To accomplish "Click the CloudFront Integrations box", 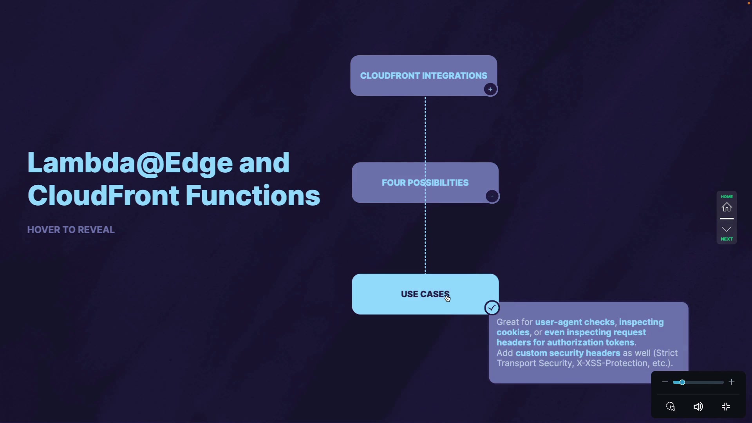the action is pos(423,75).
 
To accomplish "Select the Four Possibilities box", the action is pos(425,183).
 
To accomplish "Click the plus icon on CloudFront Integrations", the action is pos(490,89).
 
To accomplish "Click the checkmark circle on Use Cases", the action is pos(492,308).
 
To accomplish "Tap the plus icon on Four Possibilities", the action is pos(492,196).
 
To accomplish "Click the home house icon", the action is pos(727,207).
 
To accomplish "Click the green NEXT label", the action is pos(727,239).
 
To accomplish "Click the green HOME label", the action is pos(727,197).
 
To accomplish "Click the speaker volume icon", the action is pos(698,407).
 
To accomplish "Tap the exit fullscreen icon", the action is pos(726,407).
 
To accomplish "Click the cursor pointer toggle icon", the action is pos(671,407).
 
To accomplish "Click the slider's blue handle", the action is pos(682,382).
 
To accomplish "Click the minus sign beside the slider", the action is pos(665,382).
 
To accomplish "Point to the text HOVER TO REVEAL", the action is pos(71,230).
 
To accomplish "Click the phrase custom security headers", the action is pos(568,353).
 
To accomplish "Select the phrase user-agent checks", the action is pos(575,322).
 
